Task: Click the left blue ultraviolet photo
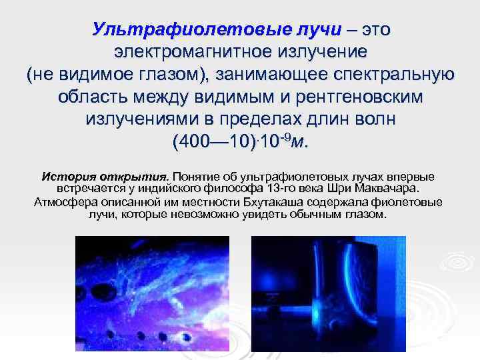pos(152,293)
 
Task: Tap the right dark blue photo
pos(329,293)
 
